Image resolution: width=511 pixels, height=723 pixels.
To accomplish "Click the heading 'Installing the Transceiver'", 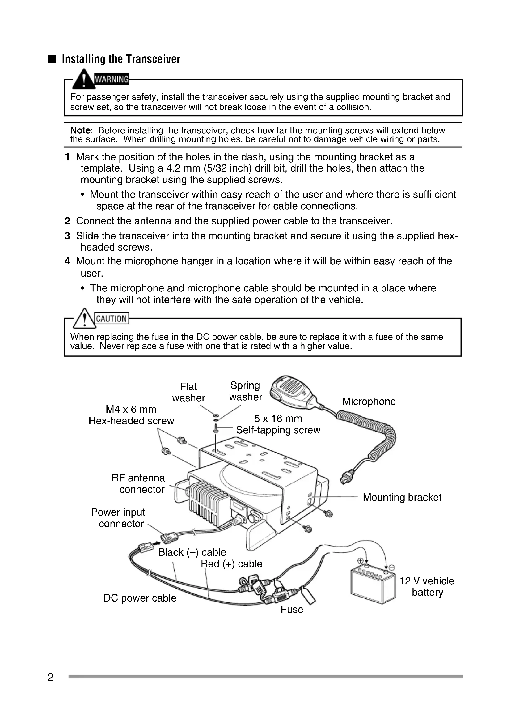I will click(121, 59).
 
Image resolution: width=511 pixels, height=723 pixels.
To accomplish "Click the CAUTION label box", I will click(112, 319).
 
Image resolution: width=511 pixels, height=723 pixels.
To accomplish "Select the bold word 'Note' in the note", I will click(80, 130).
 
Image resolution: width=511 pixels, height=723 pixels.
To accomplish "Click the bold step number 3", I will click(67, 236).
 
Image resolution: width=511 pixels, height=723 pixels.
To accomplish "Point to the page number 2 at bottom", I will click(50, 677).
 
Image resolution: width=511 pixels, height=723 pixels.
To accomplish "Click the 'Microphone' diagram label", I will click(369, 402).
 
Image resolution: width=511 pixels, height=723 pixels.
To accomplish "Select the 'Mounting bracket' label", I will click(402, 497).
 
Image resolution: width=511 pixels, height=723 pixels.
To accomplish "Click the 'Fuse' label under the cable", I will click(292, 609).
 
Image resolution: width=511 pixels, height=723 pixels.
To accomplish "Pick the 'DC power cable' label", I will click(140, 598).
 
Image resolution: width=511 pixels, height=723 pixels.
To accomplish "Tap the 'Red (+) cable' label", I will click(231, 564).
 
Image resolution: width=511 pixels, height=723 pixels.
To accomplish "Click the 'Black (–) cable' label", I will click(192, 552).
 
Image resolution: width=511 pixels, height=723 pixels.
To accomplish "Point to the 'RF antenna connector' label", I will click(138, 484).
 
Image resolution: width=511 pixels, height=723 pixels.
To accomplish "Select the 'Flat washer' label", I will click(188, 392).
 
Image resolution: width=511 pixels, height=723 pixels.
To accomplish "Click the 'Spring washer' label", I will click(245, 391).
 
